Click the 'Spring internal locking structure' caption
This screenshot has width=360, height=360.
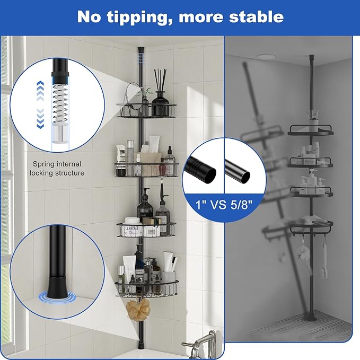(x=58, y=169)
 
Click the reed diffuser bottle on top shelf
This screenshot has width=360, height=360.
(x=159, y=95)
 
